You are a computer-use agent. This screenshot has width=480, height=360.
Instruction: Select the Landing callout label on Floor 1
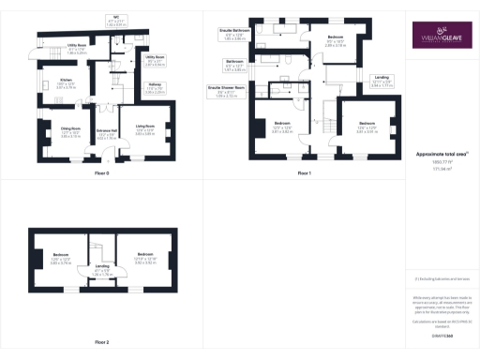point(380,81)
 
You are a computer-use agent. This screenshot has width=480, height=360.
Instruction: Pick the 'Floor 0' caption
point(101,174)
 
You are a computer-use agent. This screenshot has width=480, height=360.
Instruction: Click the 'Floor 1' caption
point(304,174)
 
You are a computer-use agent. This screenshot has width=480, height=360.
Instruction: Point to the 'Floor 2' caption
point(101,342)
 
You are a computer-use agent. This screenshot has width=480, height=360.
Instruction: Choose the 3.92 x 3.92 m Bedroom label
point(144,258)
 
